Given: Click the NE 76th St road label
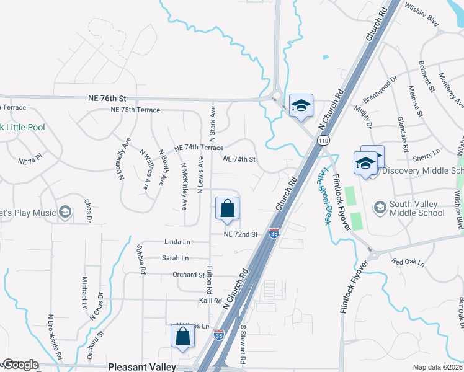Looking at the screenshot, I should click(x=107, y=99).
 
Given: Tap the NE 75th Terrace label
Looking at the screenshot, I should click(x=135, y=110).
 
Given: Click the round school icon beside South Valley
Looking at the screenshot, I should click(x=380, y=206).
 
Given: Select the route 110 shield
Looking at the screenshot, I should click(x=324, y=141).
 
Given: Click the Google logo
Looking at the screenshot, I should click(x=20, y=365).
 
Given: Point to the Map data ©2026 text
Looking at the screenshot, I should click(x=438, y=367).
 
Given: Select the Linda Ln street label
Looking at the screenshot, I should click(x=177, y=242).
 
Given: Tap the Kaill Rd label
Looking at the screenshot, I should click(x=210, y=301).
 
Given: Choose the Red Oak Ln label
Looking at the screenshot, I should click(x=408, y=262).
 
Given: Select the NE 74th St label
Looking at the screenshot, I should click(x=239, y=159).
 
